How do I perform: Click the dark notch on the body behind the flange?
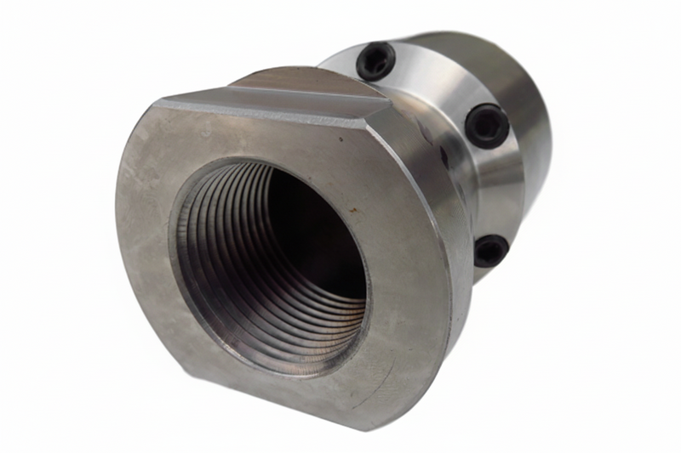tap(444, 157)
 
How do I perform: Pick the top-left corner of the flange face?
tap(157, 104)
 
